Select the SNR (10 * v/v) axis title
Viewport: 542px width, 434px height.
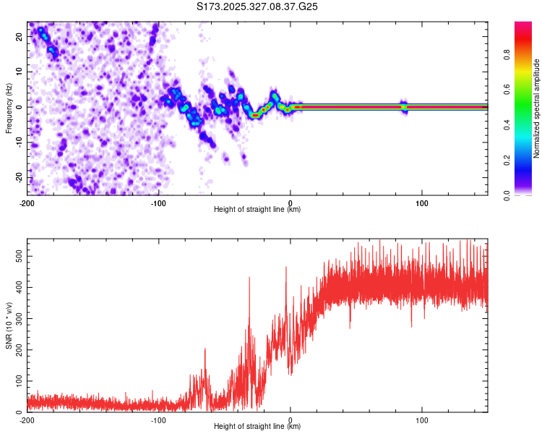click(x=9, y=325)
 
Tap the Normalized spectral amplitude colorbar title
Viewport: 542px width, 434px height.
click(x=537, y=108)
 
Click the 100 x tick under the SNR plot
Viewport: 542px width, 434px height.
click(x=422, y=420)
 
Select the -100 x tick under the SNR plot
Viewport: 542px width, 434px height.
click(x=159, y=420)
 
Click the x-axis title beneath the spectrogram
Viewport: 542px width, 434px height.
click(x=257, y=210)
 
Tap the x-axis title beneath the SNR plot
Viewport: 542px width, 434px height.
click(x=257, y=427)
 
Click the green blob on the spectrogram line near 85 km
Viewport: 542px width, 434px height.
click(x=404, y=107)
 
